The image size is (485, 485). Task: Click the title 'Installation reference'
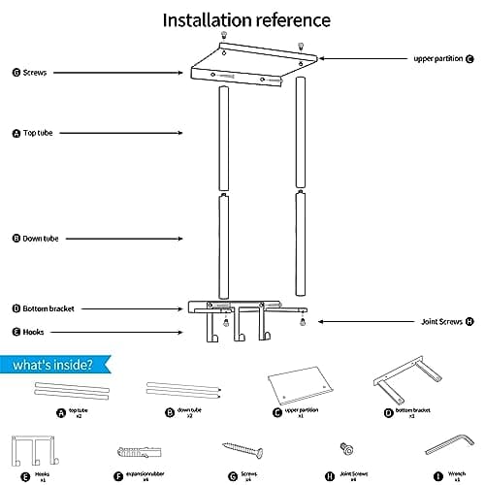[x=245, y=19]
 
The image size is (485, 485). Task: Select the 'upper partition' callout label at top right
[x=440, y=58]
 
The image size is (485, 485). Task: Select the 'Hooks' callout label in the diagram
[x=33, y=331]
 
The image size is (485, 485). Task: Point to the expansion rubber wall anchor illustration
[x=137, y=451]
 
